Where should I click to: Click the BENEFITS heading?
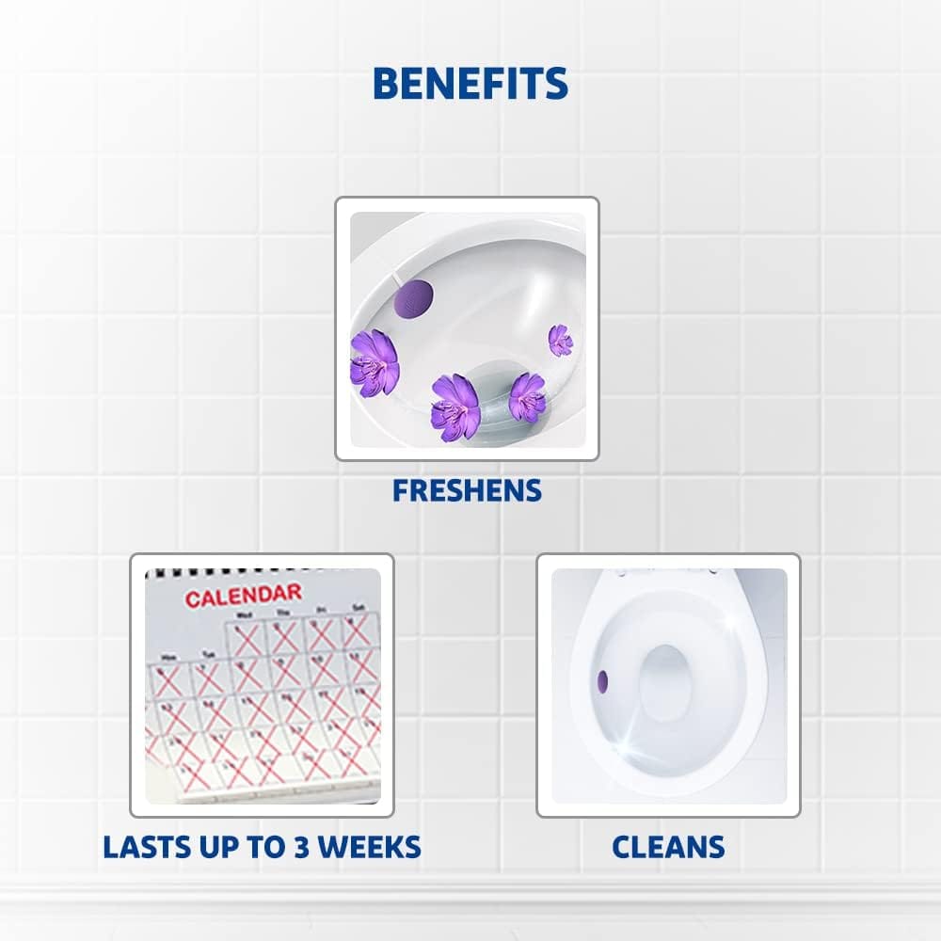(470, 84)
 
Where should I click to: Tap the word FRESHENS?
(467, 490)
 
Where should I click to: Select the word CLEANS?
(668, 846)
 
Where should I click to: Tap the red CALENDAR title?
(243, 596)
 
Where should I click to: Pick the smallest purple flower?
(560, 339)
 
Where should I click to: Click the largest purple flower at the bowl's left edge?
(374, 359)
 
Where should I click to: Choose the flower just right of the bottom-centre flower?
(527, 396)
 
